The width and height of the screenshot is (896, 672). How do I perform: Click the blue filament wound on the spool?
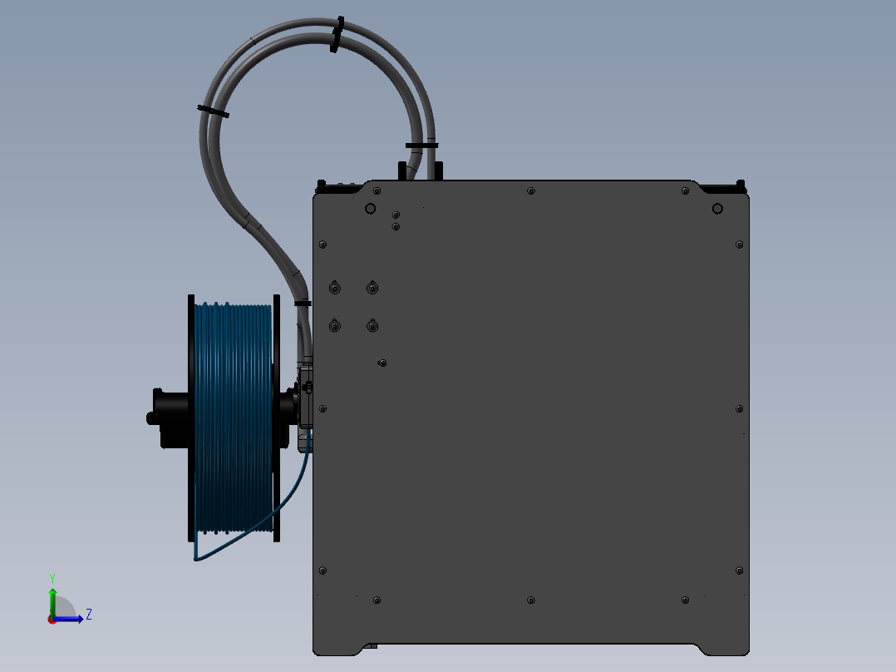234,416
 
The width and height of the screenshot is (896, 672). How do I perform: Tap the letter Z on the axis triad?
88,615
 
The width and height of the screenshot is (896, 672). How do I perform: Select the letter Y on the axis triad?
52,577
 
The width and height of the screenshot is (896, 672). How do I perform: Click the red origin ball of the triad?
52,620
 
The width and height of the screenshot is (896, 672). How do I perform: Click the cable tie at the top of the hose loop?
337,33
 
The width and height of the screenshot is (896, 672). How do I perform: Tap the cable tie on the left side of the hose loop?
213,111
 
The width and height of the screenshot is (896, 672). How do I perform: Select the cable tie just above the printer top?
421,146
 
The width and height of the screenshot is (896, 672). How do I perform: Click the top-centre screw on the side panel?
531,191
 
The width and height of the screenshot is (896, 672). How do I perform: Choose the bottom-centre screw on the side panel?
531,600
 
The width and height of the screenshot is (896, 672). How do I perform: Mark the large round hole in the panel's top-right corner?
717,209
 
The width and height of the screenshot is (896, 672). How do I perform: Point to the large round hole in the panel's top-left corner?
371,208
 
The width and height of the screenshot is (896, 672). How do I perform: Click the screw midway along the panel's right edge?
740,408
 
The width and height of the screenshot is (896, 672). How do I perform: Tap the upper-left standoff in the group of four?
334,288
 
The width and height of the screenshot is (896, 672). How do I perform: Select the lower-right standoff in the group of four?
373,326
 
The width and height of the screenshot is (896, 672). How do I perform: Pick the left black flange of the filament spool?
191,416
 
